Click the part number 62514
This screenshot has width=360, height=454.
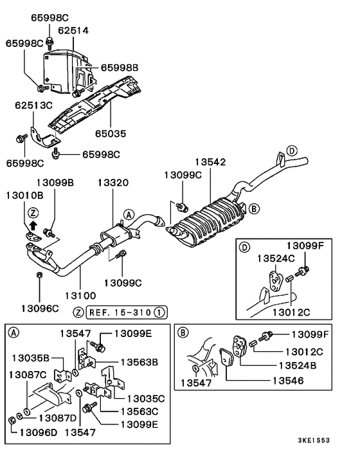click(x=74, y=30)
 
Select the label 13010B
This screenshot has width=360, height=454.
click(x=24, y=194)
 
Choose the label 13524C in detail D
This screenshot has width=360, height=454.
click(x=276, y=258)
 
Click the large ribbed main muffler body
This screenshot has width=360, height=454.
click(x=209, y=225)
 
